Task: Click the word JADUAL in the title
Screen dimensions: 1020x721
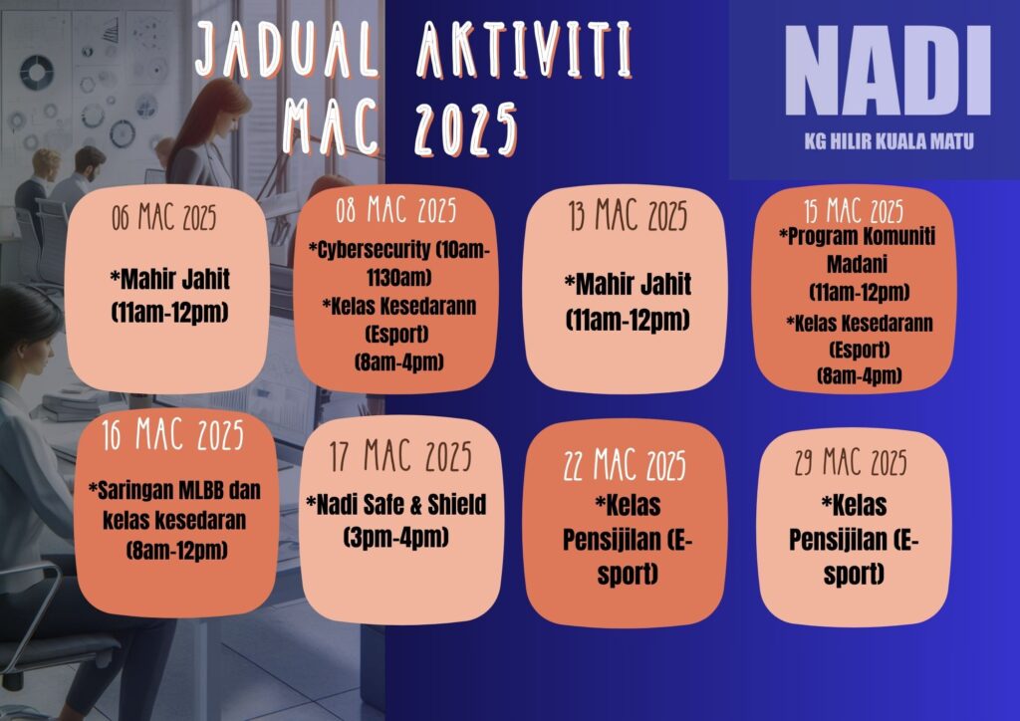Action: point(287,49)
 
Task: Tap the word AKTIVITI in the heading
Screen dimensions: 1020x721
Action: point(524,50)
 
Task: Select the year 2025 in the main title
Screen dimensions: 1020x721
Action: point(466,128)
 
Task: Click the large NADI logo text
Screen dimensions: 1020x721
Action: point(888,71)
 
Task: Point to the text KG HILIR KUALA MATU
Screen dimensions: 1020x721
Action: point(889,141)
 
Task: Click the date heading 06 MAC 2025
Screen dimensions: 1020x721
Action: point(164,216)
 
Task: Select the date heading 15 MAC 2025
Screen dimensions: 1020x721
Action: point(854,211)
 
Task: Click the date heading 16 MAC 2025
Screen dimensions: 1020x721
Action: point(173,434)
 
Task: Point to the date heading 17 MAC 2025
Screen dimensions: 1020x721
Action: point(400,456)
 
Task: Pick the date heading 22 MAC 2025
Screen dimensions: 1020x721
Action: point(625,465)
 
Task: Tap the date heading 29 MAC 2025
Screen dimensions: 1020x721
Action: point(851,462)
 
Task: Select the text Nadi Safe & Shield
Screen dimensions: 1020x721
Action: point(396,505)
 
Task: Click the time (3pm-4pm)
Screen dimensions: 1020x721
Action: point(396,537)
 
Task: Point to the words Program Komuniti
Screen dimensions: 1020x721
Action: point(858,236)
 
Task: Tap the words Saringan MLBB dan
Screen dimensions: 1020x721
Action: point(174,490)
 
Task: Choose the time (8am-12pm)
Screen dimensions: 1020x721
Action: point(177,551)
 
